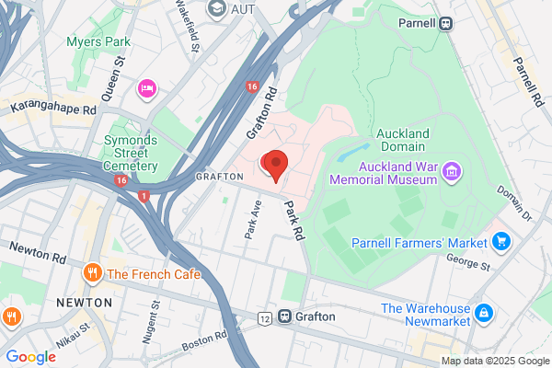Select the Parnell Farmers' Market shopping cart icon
501,242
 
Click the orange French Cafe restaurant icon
92,273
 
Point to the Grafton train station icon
285,316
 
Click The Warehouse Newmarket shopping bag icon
483,315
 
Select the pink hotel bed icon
146,88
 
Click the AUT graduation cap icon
217,10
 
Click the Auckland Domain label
402,140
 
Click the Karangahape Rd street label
52,107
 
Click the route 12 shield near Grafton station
265,317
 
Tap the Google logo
30,357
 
